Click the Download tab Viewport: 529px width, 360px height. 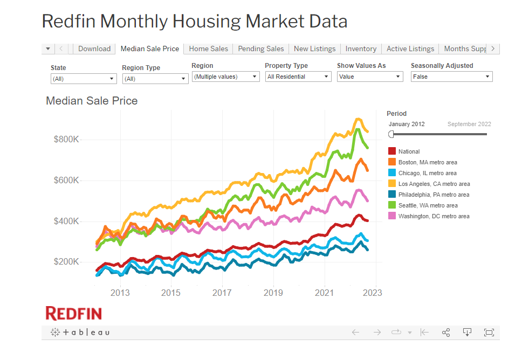pyautogui.click(x=94, y=49)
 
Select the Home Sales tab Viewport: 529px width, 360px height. pyautogui.click(x=208, y=49)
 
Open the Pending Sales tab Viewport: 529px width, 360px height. pyautogui.click(x=260, y=49)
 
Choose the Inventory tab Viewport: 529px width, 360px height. pyautogui.click(x=361, y=49)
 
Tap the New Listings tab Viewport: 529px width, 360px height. pyautogui.click(x=314, y=49)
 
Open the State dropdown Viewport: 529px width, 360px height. pyautogui.click(x=84, y=79)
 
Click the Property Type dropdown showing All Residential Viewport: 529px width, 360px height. pyautogui.click(x=298, y=77)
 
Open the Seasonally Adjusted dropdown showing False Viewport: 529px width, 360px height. pyautogui.click(x=451, y=77)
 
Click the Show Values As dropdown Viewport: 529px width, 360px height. pyautogui.click(x=370, y=77)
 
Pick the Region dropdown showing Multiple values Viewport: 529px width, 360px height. pyautogui.click(x=226, y=77)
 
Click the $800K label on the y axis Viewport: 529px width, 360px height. pyautogui.click(x=66, y=139)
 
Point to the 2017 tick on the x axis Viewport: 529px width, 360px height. pyautogui.click(x=222, y=293)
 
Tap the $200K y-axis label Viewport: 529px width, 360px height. pyautogui.click(x=66, y=262)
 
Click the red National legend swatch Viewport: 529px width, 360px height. pyautogui.click(x=392, y=151)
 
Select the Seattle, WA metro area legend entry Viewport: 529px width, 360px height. pyautogui.click(x=428, y=205)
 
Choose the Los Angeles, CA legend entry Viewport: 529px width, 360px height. pyautogui.click(x=434, y=184)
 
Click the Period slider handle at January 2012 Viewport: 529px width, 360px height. pyautogui.click(x=391, y=134)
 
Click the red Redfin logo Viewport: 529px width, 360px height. pyautogui.click(x=73, y=313)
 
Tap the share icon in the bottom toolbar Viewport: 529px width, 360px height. pyautogui.click(x=446, y=333)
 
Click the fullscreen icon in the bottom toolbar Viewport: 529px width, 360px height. pyautogui.click(x=489, y=333)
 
